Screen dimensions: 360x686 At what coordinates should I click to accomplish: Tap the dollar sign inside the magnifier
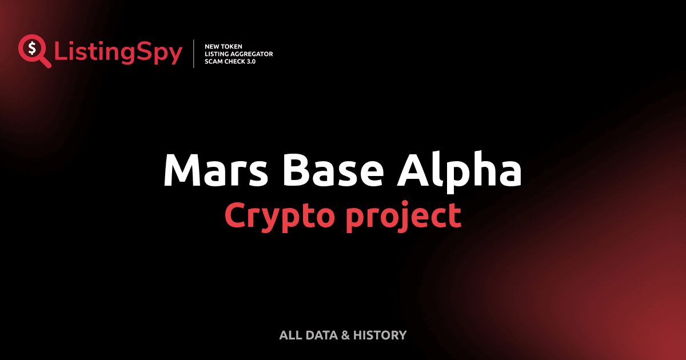click(x=30, y=48)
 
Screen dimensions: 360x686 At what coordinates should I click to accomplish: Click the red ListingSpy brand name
click(x=118, y=53)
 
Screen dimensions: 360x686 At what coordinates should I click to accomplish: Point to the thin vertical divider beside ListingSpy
click(x=194, y=54)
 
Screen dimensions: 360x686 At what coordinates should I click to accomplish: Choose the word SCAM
click(x=214, y=61)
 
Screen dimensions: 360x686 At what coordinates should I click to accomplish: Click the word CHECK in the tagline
click(x=236, y=61)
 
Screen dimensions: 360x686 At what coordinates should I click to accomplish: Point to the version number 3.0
click(x=252, y=61)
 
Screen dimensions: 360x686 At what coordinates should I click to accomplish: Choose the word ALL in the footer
click(x=289, y=335)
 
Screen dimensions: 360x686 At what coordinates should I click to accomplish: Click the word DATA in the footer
click(x=321, y=335)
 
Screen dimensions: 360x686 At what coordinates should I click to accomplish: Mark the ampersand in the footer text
click(x=345, y=335)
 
